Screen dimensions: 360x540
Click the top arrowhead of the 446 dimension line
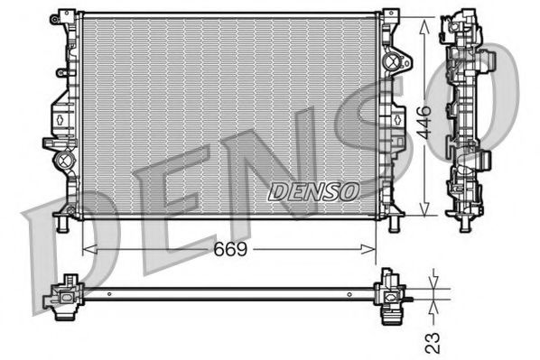tap(425, 18)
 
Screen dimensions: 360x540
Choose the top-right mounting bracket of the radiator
tap(390, 17)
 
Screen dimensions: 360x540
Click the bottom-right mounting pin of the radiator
tap(394, 222)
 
